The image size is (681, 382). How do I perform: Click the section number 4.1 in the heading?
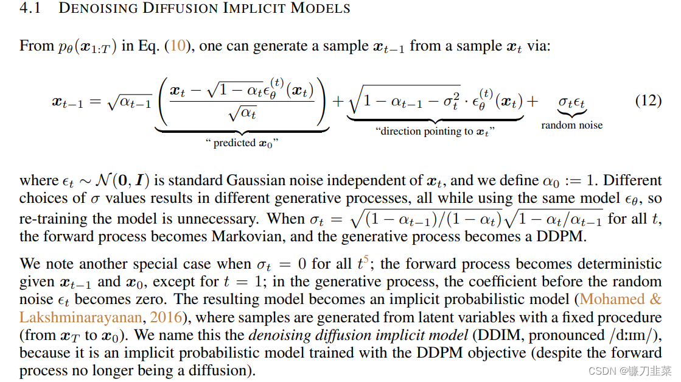[29, 9]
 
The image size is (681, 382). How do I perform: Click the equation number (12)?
[648, 101]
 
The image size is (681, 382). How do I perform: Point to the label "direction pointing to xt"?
[435, 132]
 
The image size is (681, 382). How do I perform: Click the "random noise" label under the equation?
[571, 125]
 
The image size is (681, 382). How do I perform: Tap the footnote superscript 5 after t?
[366, 259]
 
